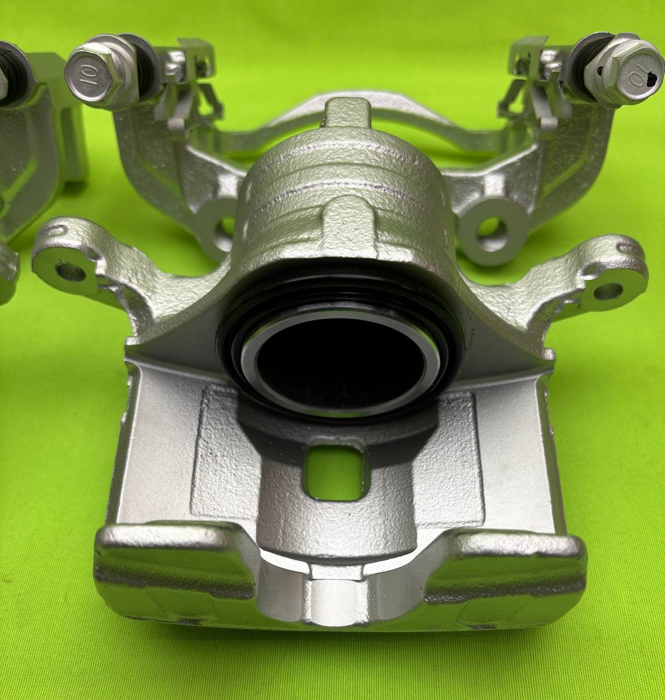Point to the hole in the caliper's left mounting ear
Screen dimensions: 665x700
(x=71, y=274)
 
